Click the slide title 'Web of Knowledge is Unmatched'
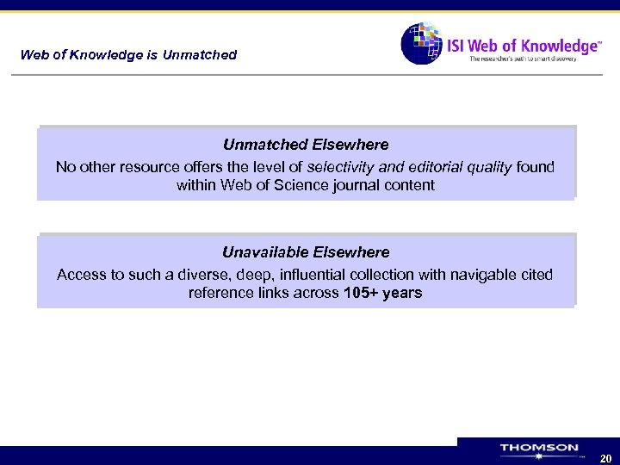(x=128, y=55)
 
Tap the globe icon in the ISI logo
(x=421, y=43)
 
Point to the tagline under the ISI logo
(x=523, y=59)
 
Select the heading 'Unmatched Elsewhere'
(x=306, y=145)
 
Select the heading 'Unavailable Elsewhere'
(x=306, y=252)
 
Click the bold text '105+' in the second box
(x=362, y=293)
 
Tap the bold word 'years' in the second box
(x=402, y=293)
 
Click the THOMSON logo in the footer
(x=539, y=449)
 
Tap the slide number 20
(x=604, y=458)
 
